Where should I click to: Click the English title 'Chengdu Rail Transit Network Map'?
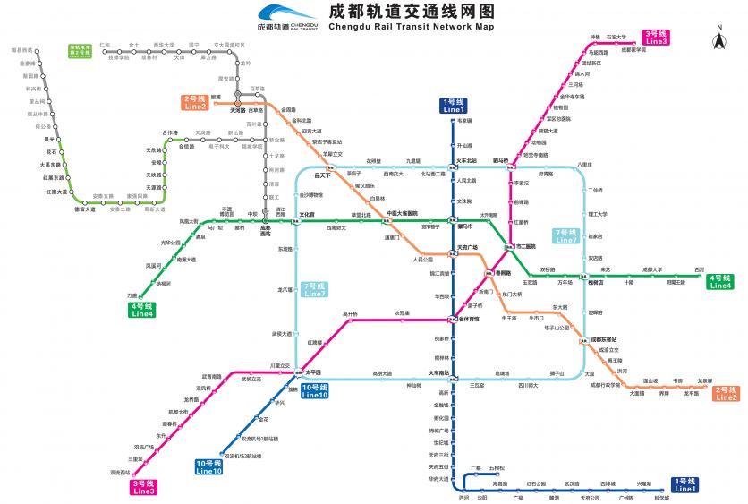412,28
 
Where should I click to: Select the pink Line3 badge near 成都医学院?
656,38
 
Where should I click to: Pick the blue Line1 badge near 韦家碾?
454,105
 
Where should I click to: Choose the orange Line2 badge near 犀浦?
194,103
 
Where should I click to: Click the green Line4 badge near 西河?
720,281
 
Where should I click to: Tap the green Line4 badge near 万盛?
142,310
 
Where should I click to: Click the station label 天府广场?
467,248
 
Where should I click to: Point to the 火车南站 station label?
438,372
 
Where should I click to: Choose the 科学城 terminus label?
661,497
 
